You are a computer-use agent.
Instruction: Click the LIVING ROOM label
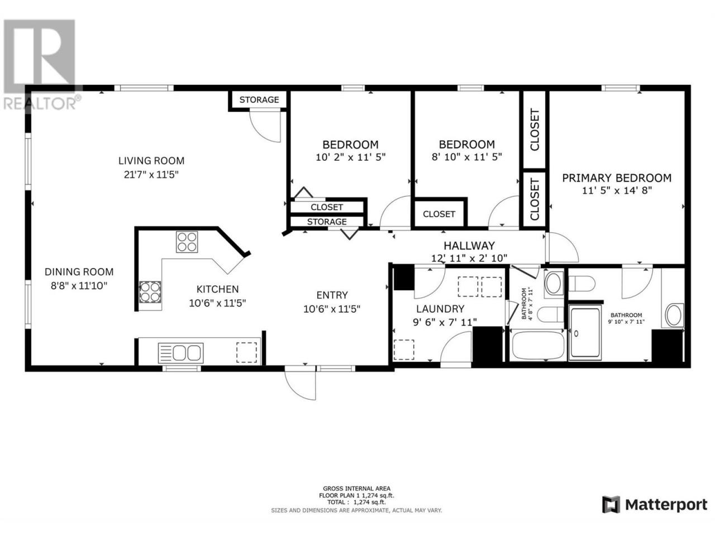pyautogui.click(x=151, y=160)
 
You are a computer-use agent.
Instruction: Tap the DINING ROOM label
pyautogui.click(x=79, y=271)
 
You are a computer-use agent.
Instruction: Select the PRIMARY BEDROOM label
pyautogui.click(x=617, y=178)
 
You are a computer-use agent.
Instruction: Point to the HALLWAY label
pyautogui.click(x=469, y=245)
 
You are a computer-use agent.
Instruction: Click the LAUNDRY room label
pyautogui.click(x=440, y=309)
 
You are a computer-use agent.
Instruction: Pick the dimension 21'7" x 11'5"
pyautogui.click(x=151, y=175)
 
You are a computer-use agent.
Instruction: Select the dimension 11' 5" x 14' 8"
pyautogui.click(x=617, y=190)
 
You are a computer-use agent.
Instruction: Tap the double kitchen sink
pyautogui.click(x=180, y=353)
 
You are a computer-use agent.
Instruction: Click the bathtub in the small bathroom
pyautogui.click(x=538, y=346)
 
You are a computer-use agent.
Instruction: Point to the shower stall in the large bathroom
pyautogui.click(x=585, y=333)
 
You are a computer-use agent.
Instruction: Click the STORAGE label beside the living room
pyautogui.click(x=259, y=99)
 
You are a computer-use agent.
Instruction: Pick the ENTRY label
pyautogui.click(x=332, y=295)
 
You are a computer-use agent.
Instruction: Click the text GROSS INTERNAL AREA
pyautogui.click(x=356, y=488)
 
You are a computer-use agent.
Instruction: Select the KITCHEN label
pyautogui.click(x=217, y=289)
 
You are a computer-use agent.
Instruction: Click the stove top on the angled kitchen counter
pyautogui.click(x=187, y=242)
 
